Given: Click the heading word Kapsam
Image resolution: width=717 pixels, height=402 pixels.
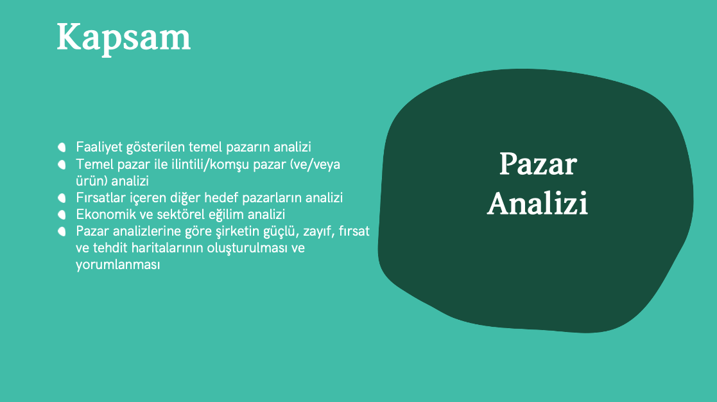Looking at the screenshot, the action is (123, 38).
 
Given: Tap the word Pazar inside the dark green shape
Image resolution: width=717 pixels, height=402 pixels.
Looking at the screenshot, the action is (538, 164).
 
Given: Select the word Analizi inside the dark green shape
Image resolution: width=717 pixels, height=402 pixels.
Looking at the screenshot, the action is (537, 204).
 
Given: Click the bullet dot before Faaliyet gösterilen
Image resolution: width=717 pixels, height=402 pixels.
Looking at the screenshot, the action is (62, 147).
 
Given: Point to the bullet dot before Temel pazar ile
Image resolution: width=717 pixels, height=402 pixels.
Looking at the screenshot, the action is (62, 164).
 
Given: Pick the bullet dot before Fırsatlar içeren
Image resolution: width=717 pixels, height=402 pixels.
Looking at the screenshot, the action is (62, 198).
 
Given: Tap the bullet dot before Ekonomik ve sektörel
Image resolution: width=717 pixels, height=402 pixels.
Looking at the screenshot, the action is (62, 214).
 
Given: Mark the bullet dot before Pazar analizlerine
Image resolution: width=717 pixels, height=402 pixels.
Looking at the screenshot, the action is (62, 231).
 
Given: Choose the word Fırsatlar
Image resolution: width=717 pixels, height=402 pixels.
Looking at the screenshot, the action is (100, 198).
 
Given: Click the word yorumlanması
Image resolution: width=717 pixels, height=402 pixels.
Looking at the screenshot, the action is (118, 265).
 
